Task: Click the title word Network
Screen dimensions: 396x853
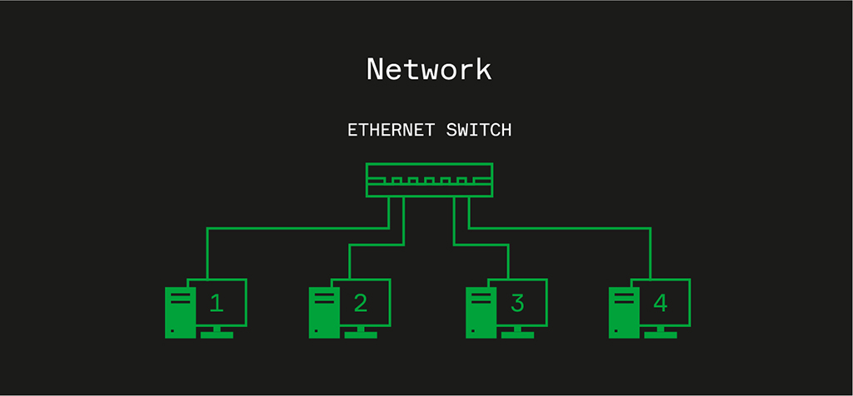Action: click(x=429, y=69)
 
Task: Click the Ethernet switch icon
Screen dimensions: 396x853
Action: click(x=429, y=180)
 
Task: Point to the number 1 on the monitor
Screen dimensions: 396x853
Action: click(x=217, y=303)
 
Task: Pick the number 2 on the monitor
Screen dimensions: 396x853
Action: click(x=360, y=303)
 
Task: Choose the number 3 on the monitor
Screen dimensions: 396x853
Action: click(x=517, y=303)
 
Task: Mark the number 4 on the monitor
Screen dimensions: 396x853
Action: click(x=661, y=303)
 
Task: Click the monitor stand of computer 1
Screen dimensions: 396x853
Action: click(x=217, y=333)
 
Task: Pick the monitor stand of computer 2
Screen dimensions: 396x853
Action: click(x=361, y=333)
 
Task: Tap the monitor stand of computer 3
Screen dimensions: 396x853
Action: click(x=517, y=333)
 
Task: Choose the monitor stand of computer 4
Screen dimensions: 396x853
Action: click(x=661, y=333)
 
